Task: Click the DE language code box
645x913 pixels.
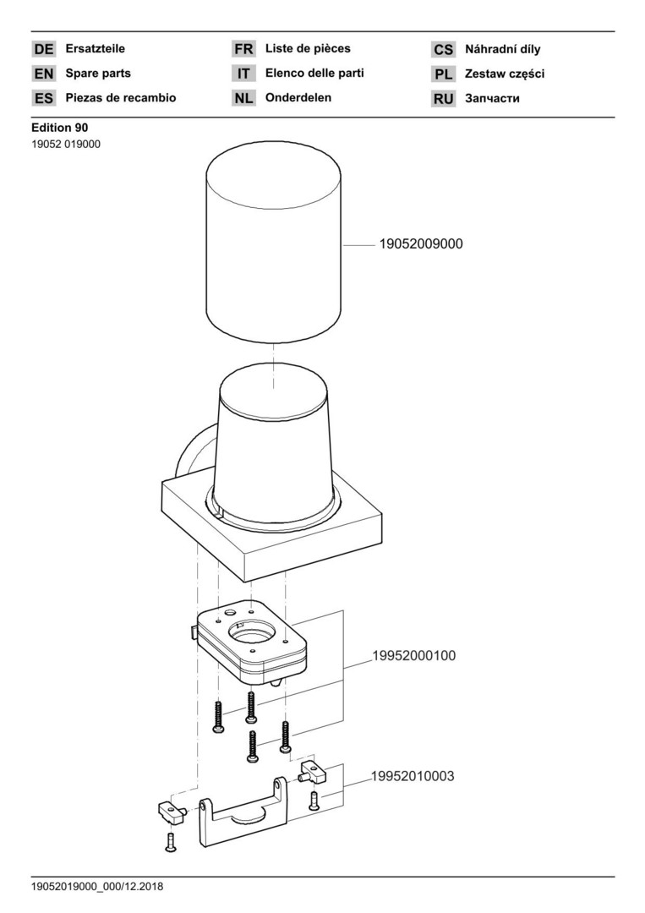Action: point(44,49)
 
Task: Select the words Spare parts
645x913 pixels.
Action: point(98,74)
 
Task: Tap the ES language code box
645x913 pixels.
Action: point(44,98)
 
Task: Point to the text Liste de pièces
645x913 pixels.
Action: point(308,48)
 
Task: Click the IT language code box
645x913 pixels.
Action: point(243,74)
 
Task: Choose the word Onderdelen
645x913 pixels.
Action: point(298,97)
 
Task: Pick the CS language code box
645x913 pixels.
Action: point(443,50)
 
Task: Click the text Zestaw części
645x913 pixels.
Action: point(505,74)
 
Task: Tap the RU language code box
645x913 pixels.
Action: point(443,99)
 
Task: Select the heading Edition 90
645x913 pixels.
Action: point(60,128)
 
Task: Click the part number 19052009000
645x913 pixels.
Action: point(421,244)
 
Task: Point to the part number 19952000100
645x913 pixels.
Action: point(414,656)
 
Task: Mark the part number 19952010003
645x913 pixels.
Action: point(413,776)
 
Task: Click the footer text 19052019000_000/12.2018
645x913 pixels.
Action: point(97,887)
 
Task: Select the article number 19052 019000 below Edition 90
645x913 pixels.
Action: point(66,145)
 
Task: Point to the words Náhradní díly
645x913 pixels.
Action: point(502,49)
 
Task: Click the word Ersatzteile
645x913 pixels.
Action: point(95,48)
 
